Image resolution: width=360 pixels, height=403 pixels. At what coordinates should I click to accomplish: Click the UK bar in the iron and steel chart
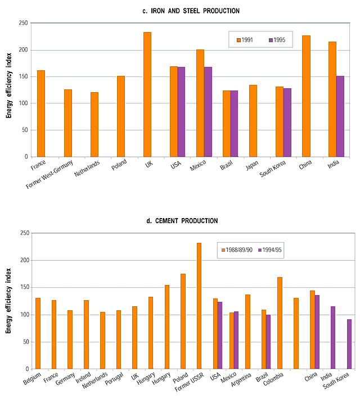point(147,94)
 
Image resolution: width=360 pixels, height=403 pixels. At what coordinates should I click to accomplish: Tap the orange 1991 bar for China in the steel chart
point(306,96)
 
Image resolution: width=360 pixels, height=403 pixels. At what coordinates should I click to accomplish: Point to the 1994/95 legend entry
point(270,248)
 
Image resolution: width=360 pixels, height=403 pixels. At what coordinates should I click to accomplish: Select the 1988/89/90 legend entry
point(237,248)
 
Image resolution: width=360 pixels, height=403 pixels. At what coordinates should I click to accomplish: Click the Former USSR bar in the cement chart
point(199,306)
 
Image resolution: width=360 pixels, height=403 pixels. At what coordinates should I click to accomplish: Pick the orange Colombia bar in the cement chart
point(280,323)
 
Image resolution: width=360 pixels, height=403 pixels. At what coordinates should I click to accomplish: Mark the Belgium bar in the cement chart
point(38,333)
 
